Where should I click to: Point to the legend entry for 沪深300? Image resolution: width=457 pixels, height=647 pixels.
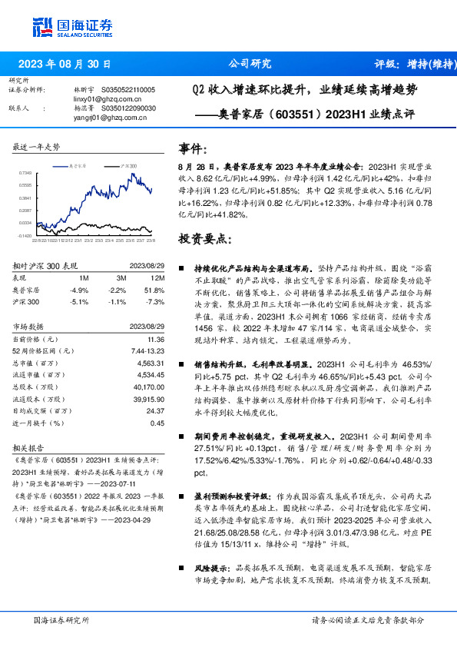point(128,165)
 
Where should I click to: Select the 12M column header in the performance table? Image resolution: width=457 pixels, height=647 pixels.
point(157,277)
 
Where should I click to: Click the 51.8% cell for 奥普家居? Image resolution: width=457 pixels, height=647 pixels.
point(155,290)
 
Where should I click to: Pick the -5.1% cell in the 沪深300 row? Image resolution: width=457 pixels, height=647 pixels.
point(79,302)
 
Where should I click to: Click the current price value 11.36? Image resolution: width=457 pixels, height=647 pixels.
point(157,339)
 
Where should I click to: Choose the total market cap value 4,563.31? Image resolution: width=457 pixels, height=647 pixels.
point(151,362)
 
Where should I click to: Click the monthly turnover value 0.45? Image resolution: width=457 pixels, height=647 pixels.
point(157,422)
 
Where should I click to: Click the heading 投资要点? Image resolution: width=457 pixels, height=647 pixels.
point(204,238)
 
